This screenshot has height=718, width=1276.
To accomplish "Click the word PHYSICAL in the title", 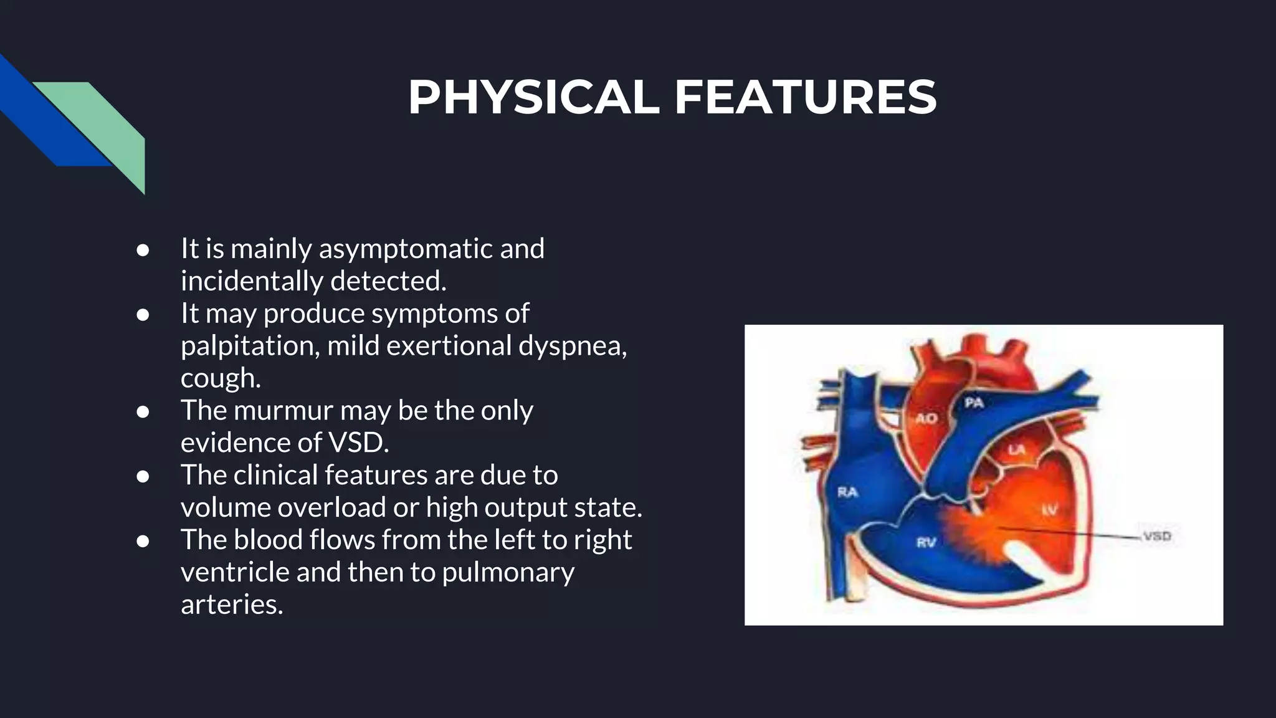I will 533,98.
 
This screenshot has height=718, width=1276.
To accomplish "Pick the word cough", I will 219,378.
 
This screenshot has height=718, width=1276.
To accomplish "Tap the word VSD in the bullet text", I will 358,443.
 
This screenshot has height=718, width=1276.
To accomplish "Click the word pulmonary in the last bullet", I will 508,572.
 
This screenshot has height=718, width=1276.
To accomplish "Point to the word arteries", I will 231,605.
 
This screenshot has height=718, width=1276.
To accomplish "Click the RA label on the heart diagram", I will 847,492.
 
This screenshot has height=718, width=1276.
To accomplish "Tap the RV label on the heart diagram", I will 926,542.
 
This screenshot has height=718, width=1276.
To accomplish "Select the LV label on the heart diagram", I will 1050,510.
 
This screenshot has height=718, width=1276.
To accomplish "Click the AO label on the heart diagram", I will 926,418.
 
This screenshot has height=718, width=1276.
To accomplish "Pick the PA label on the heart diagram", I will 974,403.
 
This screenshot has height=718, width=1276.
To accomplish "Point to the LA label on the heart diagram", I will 1017,449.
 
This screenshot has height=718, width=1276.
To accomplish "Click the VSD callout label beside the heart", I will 1157,536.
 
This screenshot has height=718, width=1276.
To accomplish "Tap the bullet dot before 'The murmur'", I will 143,412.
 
